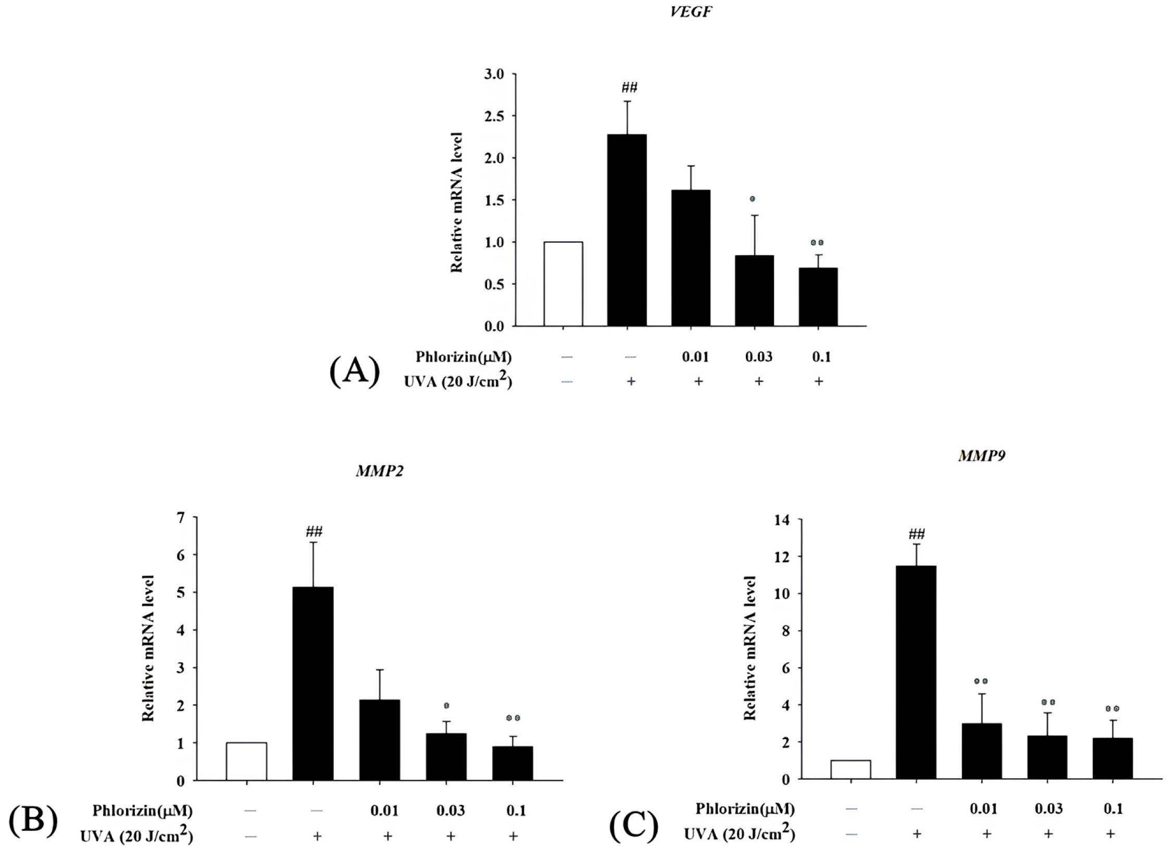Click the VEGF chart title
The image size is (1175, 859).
[691, 13]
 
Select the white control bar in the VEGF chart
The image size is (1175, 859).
[563, 284]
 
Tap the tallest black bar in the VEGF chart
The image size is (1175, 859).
[627, 230]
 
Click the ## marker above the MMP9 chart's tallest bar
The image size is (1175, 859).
[916, 534]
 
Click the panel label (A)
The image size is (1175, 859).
[355, 372]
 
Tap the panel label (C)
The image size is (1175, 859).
[634, 826]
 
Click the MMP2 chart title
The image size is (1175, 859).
[380, 471]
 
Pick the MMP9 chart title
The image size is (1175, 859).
[982, 456]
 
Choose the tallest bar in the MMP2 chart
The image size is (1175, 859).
[313, 683]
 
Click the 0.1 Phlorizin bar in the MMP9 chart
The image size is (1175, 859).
[1112, 758]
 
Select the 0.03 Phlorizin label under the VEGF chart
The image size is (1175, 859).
[758, 357]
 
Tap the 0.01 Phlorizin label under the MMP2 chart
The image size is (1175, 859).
[384, 811]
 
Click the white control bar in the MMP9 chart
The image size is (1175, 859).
[851, 769]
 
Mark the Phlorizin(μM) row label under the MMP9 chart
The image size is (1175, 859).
[745, 808]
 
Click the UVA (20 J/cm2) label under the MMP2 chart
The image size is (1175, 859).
[136, 837]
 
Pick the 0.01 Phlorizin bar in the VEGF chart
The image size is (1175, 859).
[691, 258]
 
